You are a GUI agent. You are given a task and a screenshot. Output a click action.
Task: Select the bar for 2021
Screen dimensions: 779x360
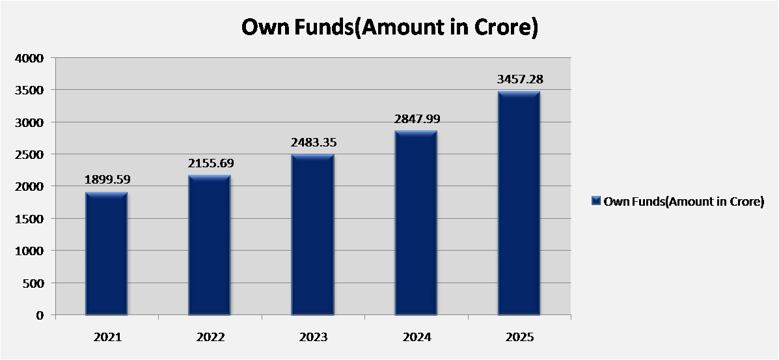pyautogui.click(x=106, y=254)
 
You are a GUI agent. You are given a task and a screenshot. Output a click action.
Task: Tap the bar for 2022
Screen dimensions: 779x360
pyautogui.click(x=209, y=245)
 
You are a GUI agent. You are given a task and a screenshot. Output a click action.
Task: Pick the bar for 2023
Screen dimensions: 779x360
pyautogui.click(x=312, y=235)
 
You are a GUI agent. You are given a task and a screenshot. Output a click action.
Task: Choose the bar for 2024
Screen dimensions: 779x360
pyautogui.click(x=416, y=223)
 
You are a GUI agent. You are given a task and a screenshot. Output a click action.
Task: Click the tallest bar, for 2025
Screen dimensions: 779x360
pyautogui.click(x=519, y=203)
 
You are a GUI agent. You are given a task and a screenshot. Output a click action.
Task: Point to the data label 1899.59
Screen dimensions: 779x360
pyautogui.click(x=107, y=180)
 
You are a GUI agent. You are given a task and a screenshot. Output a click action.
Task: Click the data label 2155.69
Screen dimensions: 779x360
pyautogui.click(x=211, y=163)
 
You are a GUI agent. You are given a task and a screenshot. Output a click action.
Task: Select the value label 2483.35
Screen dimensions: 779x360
pyautogui.click(x=314, y=143)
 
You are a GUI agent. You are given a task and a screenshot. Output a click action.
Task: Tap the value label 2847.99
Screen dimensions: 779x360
pyautogui.click(x=417, y=119)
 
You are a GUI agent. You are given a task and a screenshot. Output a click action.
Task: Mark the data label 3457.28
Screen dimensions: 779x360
pyautogui.click(x=520, y=79)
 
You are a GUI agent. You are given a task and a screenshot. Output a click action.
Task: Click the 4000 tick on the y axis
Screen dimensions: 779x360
pyautogui.click(x=31, y=58)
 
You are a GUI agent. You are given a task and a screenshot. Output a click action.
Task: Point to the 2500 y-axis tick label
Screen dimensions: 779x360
pyautogui.click(x=31, y=155)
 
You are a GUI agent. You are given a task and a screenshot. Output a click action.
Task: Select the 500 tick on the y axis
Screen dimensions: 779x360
pyautogui.click(x=34, y=283)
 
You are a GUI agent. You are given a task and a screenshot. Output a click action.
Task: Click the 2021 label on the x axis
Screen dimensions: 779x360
pyautogui.click(x=107, y=338)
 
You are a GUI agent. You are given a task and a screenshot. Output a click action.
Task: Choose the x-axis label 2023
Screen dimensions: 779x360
pyautogui.click(x=314, y=338)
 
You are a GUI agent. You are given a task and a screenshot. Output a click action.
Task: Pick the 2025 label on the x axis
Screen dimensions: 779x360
pyautogui.click(x=520, y=338)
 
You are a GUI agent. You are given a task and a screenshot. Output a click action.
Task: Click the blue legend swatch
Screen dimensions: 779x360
pyautogui.click(x=597, y=201)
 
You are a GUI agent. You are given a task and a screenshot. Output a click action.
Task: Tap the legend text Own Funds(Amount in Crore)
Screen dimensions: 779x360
pyautogui.click(x=683, y=202)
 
